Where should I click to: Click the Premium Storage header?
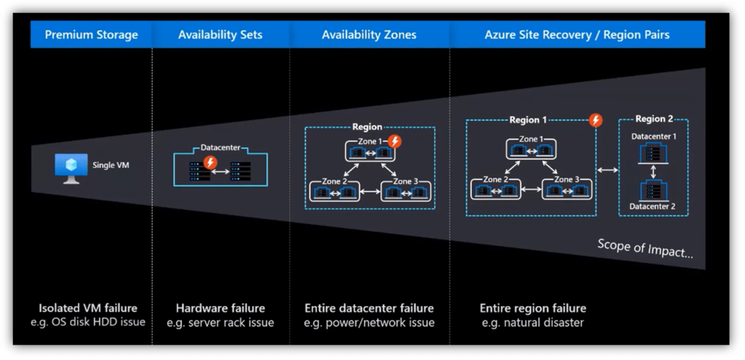(91, 34)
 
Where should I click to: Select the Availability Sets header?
(220, 34)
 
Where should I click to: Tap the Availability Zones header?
(369, 34)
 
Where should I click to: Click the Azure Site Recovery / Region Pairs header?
(577, 34)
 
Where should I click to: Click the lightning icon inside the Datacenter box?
(210, 162)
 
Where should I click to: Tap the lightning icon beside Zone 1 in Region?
(394, 141)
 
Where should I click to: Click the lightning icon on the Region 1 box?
(596, 121)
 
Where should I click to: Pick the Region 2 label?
(654, 119)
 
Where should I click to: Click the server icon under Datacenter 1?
(653, 152)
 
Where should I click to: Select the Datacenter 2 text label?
(653, 206)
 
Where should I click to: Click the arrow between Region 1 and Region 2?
(607, 170)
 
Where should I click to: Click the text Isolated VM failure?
(88, 308)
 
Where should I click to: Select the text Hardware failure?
(220, 308)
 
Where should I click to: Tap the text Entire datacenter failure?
(369, 308)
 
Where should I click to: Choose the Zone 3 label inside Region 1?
(567, 179)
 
